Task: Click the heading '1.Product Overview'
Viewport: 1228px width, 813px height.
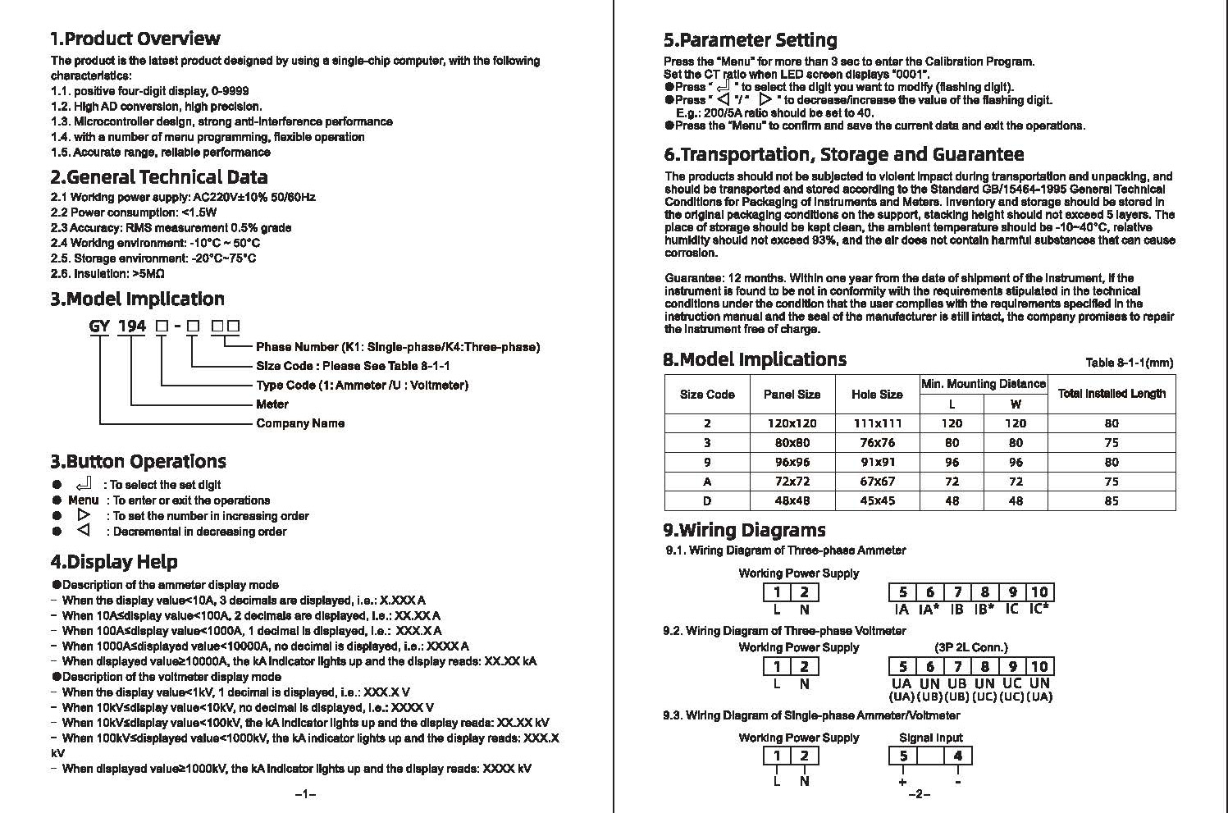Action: tap(135, 39)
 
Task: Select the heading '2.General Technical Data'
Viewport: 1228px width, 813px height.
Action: tap(159, 177)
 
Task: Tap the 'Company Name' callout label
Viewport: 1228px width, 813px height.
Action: tap(300, 423)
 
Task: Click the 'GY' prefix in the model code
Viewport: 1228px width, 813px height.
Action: tap(99, 327)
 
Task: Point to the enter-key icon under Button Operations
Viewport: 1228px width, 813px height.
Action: tap(83, 484)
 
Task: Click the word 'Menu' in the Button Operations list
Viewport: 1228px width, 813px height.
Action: tap(83, 500)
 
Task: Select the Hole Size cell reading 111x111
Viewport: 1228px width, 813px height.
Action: tap(876, 423)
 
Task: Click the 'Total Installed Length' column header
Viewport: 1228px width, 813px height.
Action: tap(1112, 394)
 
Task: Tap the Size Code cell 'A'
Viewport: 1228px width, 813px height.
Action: tap(707, 482)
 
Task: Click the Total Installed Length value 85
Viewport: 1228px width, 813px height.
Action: tap(1112, 500)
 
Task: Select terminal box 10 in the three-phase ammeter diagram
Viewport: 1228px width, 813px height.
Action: tap(1039, 592)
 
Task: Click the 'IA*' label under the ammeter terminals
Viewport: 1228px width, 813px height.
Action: tap(929, 610)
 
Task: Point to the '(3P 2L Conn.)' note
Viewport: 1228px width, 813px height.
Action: tap(970, 647)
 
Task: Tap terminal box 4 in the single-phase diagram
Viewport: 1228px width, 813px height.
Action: tap(957, 756)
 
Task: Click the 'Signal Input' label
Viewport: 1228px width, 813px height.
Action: tap(930, 738)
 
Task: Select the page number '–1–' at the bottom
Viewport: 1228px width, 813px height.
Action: tap(305, 794)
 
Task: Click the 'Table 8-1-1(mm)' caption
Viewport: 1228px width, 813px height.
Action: tap(1129, 363)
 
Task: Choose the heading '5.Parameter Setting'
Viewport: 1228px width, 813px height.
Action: tap(750, 40)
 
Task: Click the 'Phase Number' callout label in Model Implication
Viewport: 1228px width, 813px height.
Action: tap(398, 347)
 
